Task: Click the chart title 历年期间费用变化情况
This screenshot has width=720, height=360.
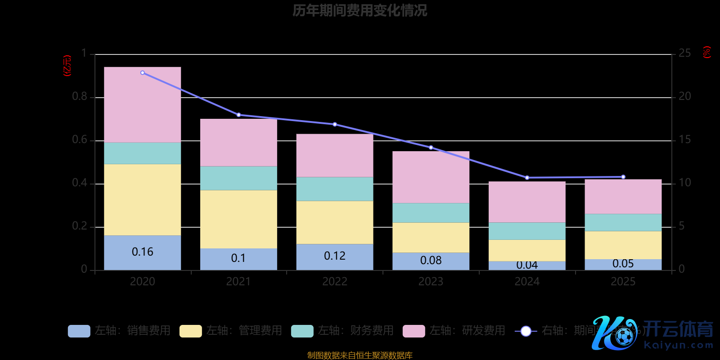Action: click(360, 10)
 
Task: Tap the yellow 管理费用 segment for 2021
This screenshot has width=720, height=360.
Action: click(238, 219)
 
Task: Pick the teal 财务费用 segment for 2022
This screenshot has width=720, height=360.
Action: click(335, 189)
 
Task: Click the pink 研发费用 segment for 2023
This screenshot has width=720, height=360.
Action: click(431, 177)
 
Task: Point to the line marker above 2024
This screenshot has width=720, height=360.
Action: click(527, 178)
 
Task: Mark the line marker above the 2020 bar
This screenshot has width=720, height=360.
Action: click(143, 72)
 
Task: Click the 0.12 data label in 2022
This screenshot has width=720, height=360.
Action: click(335, 256)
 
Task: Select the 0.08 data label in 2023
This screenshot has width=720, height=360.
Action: click(431, 261)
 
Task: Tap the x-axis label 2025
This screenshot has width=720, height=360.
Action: click(623, 282)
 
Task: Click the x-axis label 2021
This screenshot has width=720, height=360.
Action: click(238, 282)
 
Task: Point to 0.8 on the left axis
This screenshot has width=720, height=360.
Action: click(80, 97)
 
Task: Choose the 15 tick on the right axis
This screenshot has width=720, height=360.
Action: click(684, 139)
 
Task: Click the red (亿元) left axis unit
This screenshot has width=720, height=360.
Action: click(67, 66)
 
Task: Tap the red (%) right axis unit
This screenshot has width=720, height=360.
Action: click(707, 52)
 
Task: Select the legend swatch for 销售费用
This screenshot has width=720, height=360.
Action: click(79, 331)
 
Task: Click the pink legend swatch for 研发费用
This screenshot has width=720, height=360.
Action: click(414, 331)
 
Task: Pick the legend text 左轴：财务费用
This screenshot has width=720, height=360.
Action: click(355, 331)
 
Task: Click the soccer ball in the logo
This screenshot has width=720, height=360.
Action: click(624, 336)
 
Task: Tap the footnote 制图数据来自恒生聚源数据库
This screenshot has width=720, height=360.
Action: click(360, 355)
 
